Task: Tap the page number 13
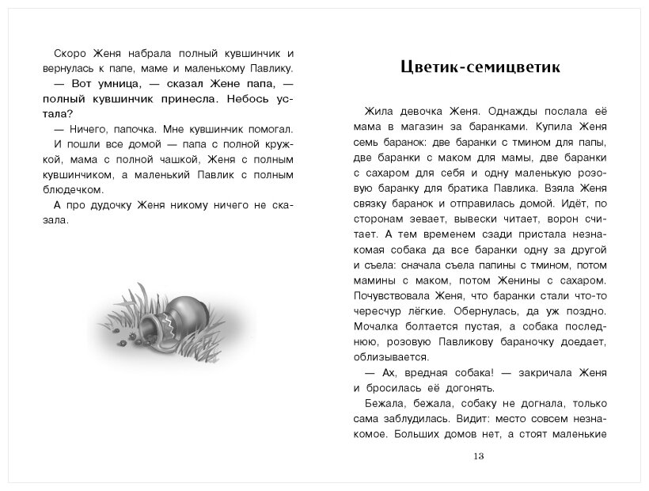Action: pos(477,456)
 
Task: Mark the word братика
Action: pos(502,188)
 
